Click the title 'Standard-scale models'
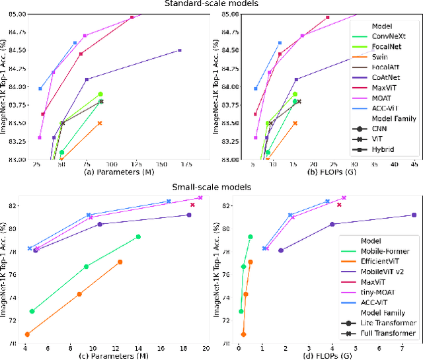point(211,4)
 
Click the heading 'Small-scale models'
point(211,187)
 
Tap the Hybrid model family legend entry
point(383,149)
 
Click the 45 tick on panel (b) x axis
point(414,164)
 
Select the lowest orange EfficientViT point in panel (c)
point(27,334)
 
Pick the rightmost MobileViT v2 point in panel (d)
point(414,215)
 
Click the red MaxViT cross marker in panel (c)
point(192,205)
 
